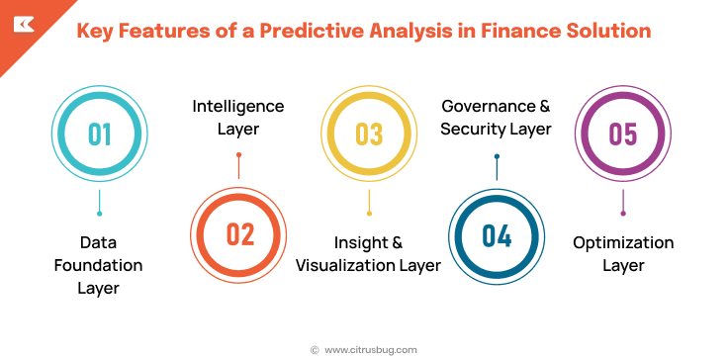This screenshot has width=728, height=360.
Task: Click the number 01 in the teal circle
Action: [x=99, y=134]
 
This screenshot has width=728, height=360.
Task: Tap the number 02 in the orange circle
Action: [x=239, y=234]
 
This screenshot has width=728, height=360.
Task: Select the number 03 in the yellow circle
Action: [x=369, y=134]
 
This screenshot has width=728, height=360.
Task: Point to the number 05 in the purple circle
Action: [x=622, y=134]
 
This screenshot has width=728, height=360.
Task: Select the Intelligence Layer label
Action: [x=237, y=118]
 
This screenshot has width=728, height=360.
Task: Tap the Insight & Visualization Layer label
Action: [x=369, y=254]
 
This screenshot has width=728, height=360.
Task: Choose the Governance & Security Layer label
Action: [x=496, y=118]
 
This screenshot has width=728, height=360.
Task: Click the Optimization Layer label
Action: [x=623, y=254]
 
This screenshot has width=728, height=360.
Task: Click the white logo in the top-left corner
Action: [x=20, y=23]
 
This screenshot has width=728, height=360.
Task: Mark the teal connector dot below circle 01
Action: [x=99, y=213]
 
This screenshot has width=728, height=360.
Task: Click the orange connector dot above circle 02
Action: [x=239, y=155]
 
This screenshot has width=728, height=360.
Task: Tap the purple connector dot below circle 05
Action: [x=622, y=213]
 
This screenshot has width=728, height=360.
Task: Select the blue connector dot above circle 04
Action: [x=497, y=156]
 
